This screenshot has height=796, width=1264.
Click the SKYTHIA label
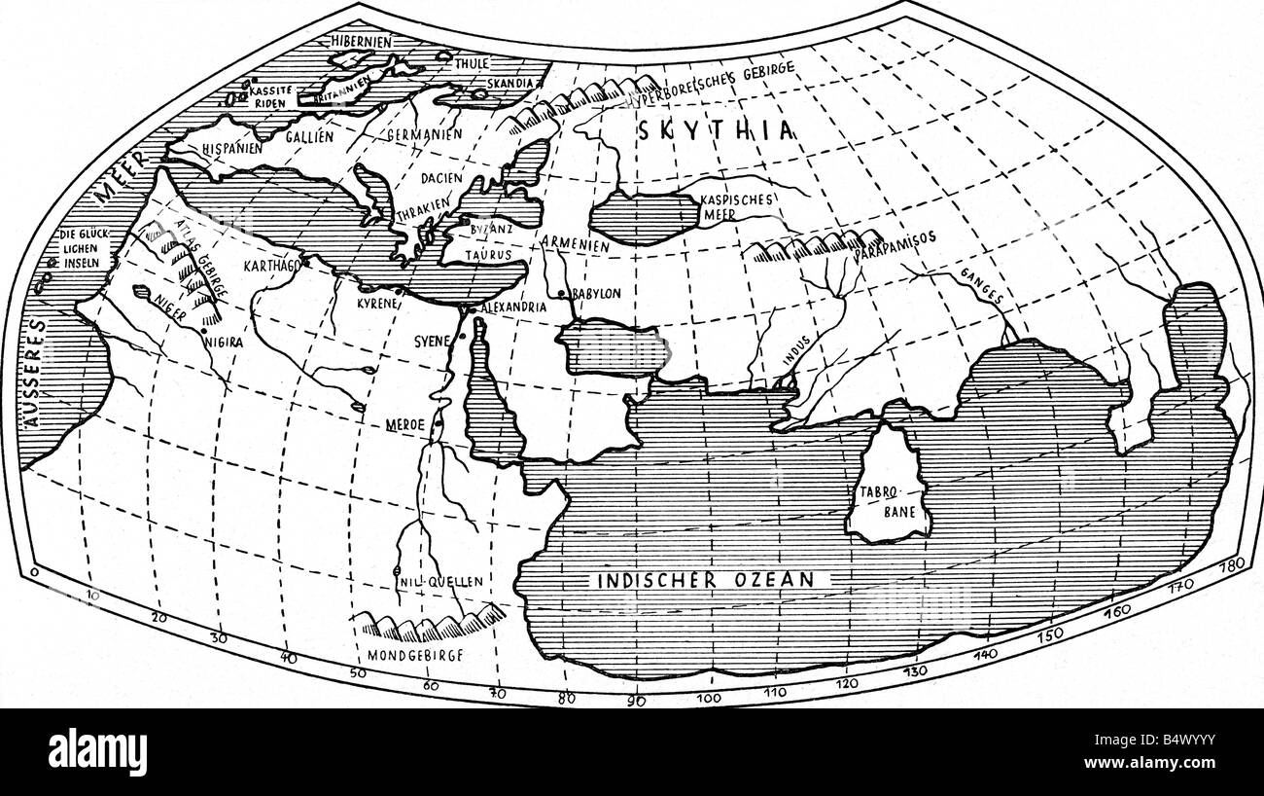[717, 132]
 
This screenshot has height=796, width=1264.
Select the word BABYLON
[597, 293]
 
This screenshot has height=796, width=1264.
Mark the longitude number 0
[35, 574]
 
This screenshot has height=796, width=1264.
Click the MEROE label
[407, 426]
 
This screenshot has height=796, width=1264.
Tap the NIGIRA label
[224, 343]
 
